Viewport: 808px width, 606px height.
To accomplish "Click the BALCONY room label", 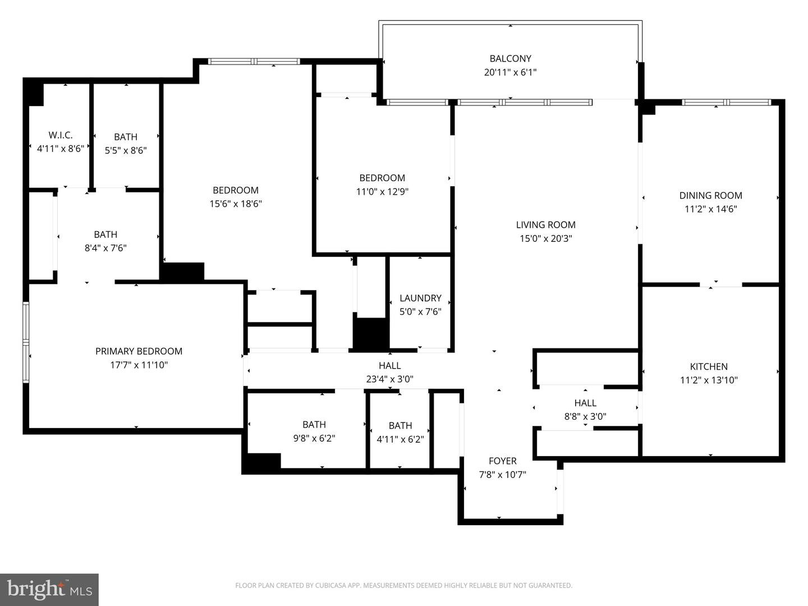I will coord(510,58).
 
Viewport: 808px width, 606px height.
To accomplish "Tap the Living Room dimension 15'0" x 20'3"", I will coord(545,238).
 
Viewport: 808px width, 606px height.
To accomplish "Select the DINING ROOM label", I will coord(710,195).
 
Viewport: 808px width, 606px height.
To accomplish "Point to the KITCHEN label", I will coord(709,366).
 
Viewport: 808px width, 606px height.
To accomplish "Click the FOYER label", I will coord(502,461).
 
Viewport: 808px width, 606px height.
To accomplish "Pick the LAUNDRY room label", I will coord(420,298).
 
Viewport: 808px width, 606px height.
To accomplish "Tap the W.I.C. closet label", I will coord(60,135).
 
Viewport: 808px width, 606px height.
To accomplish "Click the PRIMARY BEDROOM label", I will coord(139,351).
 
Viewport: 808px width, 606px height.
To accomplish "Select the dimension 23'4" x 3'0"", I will coord(389,379).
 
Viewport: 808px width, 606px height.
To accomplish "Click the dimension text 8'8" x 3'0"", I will coord(585,416).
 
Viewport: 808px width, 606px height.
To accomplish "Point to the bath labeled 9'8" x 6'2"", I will coord(314,425).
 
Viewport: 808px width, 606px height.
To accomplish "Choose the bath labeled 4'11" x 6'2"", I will coord(400,426).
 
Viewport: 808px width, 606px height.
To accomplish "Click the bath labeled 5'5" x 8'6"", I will coord(126,137).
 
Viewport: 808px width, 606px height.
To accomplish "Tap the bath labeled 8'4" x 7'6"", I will coord(105,235).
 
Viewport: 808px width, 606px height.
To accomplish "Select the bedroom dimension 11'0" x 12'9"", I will coord(382,191).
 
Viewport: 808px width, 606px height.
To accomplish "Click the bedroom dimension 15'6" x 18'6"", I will coord(236,204).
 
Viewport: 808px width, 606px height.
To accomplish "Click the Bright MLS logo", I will coord(49,589).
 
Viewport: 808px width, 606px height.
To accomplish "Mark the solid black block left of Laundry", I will coord(371,334).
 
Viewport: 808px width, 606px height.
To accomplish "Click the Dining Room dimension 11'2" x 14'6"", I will coord(710,209).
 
